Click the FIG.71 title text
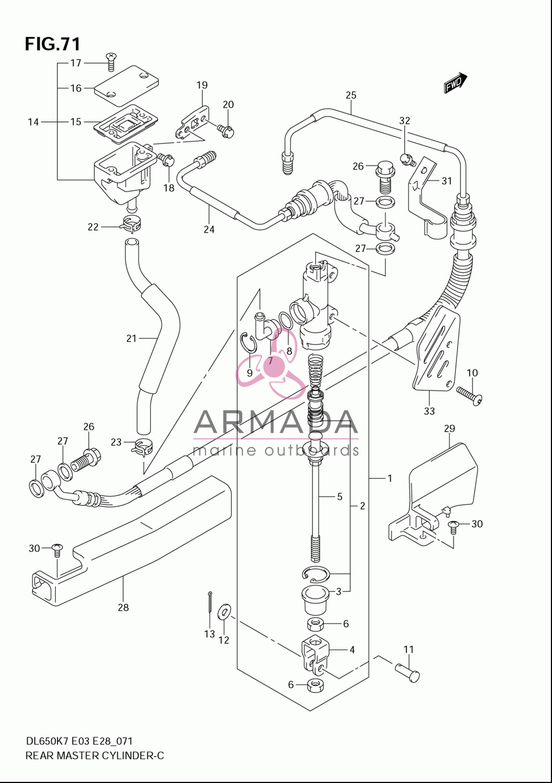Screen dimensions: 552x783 click(x=52, y=44)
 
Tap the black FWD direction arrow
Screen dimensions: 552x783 click(x=455, y=83)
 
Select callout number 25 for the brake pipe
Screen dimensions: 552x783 click(x=351, y=95)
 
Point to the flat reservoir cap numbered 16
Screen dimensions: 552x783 click(x=126, y=86)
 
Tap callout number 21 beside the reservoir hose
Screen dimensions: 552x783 click(x=131, y=338)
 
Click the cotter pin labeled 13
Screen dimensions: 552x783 click(x=209, y=601)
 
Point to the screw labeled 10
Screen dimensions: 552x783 click(x=470, y=395)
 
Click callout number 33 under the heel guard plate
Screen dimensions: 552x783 click(x=429, y=411)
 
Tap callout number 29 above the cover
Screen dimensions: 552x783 click(x=449, y=428)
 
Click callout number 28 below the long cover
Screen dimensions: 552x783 click(x=123, y=608)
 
